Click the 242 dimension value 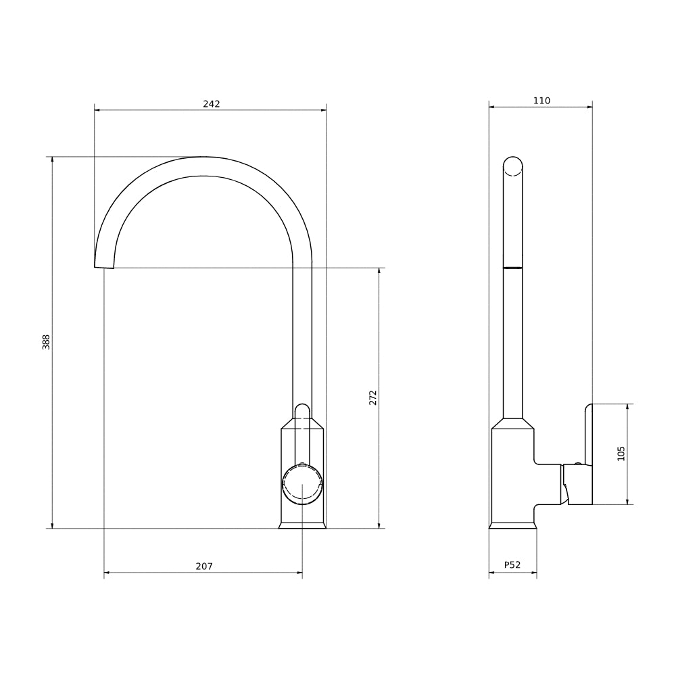point(211,103)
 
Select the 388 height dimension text point(46,341)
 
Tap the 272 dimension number point(372,397)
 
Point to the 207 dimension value point(203,566)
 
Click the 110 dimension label point(541,101)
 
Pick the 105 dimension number point(621,453)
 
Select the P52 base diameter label point(512,565)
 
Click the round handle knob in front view point(302,484)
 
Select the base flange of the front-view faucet point(302,525)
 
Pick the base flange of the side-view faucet point(513,525)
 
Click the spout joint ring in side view point(513,268)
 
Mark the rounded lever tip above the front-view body point(302,409)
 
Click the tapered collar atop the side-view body point(513,424)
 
